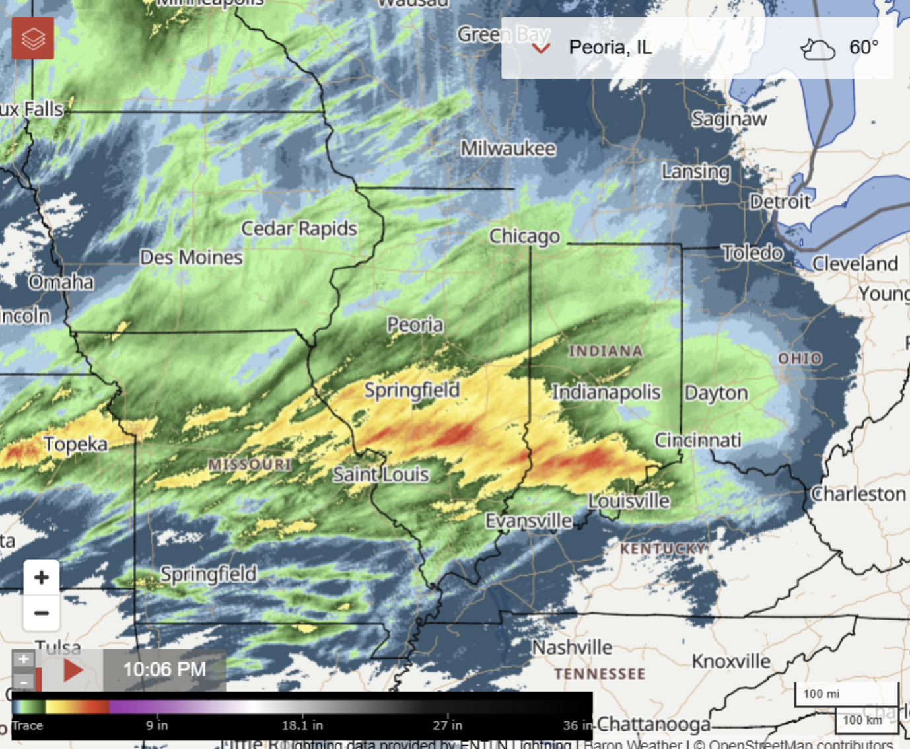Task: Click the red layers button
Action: [x=33, y=38]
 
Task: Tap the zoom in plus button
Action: [x=42, y=577]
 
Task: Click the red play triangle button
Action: [x=73, y=670]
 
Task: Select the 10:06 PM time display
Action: [x=164, y=670]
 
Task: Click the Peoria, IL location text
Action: [x=610, y=48]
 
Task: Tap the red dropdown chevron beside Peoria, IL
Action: [x=542, y=48]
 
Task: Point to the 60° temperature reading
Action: [x=864, y=48]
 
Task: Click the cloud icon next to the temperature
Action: [x=818, y=49]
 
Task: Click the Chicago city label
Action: [x=524, y=236]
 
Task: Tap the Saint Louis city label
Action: [x=380, y=474]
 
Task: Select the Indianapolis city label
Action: [x=606, y=392]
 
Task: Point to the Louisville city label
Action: [x=629, y=501]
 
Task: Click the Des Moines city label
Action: [x=192, y=257]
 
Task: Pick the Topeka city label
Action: [x=75, y=444]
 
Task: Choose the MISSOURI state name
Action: [x=250, y=464]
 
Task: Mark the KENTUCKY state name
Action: [x=662, y=549]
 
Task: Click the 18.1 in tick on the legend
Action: [x=302, y=725]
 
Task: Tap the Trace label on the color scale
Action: [x=27, y=725]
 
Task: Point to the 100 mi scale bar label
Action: [x=822, y=694]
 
